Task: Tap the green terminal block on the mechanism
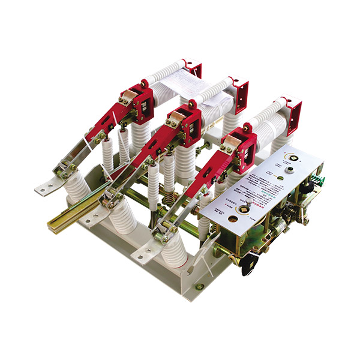pyautogui.click(x=319, y=180)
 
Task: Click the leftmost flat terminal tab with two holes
pyautogui.click(x=46, y=188)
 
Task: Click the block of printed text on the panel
pyautogui.click(x=252, y=186)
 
